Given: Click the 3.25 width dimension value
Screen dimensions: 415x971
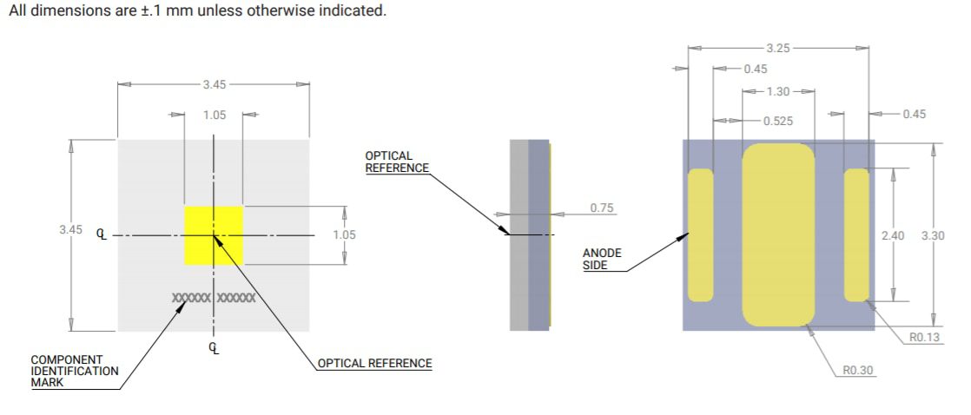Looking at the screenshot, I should coord(777,47).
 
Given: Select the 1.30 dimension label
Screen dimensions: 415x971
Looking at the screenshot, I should coord(779,91).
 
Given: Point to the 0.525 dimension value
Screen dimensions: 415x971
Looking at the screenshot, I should coord(777,121).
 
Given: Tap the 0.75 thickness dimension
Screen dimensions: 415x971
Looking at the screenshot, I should coord(602,208).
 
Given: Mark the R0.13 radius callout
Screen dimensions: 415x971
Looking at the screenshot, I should coord(923,337).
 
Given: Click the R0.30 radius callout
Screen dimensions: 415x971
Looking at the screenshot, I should coord(858,370).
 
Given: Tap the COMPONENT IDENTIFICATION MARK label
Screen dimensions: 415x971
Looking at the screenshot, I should coord(74,371).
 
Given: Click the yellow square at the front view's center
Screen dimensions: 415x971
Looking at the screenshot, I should coord(213,235).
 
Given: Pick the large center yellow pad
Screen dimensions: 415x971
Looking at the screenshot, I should coord(778,235).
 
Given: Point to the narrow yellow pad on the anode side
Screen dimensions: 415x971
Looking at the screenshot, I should coord(700,235).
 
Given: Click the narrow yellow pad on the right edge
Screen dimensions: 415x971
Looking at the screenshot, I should coord(856,235).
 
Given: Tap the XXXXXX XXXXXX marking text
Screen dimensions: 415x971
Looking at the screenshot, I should coord(214,298).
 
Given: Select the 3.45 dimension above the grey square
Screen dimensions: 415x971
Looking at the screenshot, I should coord(214,84).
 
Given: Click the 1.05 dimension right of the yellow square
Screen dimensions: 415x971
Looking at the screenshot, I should coord(344,234).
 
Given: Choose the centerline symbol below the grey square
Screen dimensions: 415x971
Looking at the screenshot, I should coord(214,348).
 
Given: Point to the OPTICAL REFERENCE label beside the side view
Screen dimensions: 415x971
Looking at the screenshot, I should coord(396,161).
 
